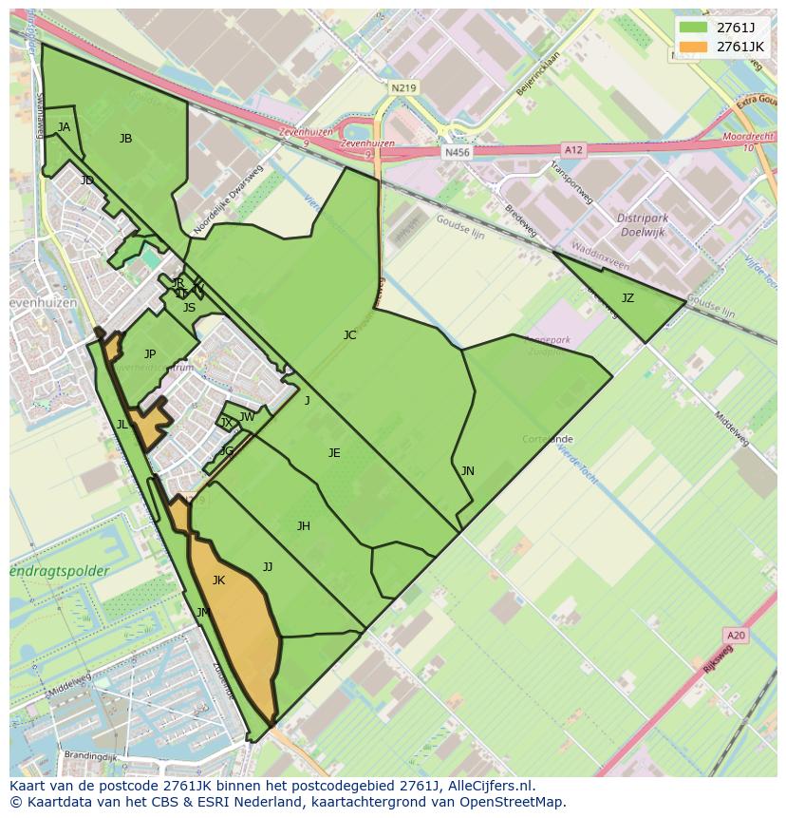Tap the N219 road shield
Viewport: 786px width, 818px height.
[x=403, y=87]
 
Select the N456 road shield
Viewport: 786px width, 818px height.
[x=457, y=152]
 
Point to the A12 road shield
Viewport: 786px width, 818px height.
[x=573, y=149]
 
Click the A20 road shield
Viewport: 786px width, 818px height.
[x=735, y=635]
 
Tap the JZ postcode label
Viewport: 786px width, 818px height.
[x=627, y=298]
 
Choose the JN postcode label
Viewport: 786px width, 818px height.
[x=468, y=470]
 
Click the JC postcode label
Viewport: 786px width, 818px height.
[x=349, y=334]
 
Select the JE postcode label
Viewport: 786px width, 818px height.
[x=334, y=453]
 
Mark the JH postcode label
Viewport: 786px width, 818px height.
[x=304, y=525]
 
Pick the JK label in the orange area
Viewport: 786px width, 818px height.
[x=218, y=580]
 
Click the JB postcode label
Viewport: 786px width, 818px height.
[x=125, y=139]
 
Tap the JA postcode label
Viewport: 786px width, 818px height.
[x=64, y=126]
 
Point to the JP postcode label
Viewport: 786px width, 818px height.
[x=150, y=354]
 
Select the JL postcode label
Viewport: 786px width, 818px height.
[x=122, y=425]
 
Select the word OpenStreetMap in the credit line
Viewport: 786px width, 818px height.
[x=513, y=802]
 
